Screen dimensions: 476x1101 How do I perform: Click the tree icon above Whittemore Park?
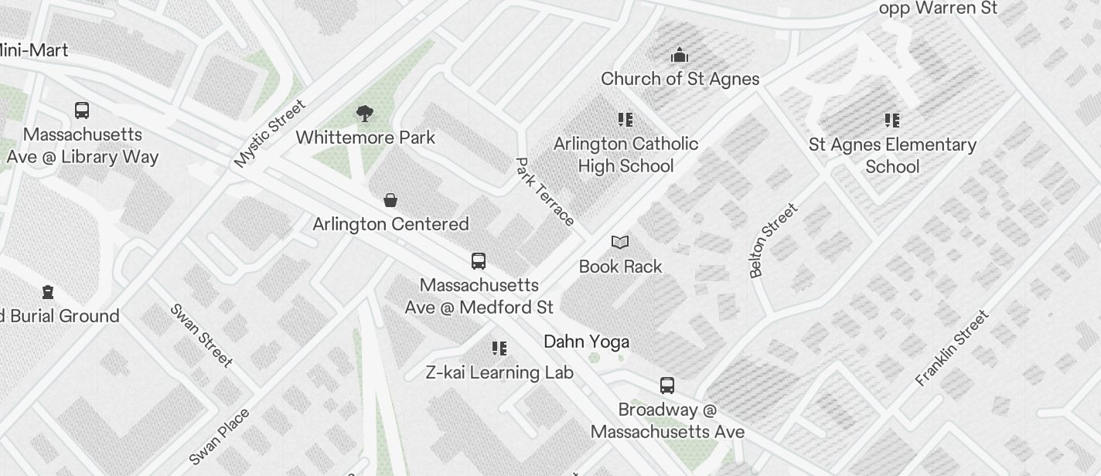point(365,114)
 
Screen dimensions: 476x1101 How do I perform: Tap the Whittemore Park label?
point(365,138)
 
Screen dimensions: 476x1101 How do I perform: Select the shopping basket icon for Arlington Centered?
point(390,201)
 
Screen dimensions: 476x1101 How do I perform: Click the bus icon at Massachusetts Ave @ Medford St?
point(479,261)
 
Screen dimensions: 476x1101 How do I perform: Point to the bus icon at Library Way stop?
point(82,110)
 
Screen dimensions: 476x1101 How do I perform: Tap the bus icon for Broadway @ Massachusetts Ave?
point(666,385)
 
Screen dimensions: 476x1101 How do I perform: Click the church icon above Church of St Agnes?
point(680,55)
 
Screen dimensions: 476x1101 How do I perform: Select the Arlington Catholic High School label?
point(625,155)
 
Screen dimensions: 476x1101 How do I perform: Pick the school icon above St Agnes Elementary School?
point(892,121)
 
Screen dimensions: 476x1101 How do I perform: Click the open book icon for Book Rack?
point(620,243)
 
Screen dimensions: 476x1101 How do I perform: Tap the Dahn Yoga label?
point(586,342)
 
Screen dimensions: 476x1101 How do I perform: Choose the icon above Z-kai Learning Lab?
point(499,348)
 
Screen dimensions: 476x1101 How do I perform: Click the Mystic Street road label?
point(270,134)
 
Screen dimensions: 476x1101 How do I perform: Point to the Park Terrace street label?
point(544,192)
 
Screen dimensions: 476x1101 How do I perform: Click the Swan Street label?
point(201,335)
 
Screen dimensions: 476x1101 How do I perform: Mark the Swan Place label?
point(220,437)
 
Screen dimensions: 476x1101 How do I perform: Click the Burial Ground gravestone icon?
point(48,292)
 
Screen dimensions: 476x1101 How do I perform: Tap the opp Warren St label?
point(939,8)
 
